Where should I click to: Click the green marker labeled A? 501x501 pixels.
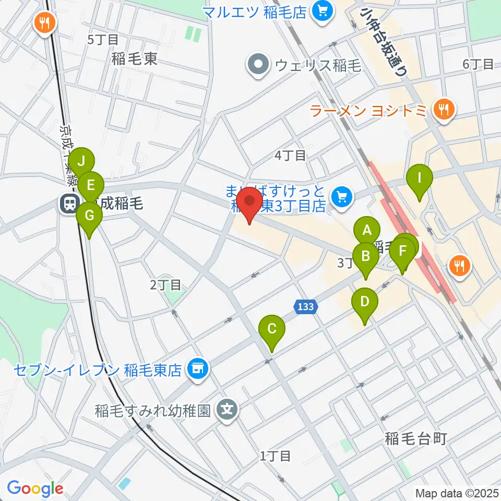coord(367,230)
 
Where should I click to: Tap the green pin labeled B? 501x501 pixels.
coord(365,256)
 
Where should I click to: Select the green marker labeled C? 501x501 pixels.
coord(272,329)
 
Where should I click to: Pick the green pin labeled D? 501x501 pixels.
coord(365,302)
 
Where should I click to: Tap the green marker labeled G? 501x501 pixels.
coord(89,215)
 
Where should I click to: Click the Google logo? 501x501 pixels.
coord(35,488)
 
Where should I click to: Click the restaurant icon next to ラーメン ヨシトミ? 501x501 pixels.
coord(445,110)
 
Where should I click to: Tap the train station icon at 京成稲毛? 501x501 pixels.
coord(68,203)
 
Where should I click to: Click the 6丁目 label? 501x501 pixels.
coord(478,64)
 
